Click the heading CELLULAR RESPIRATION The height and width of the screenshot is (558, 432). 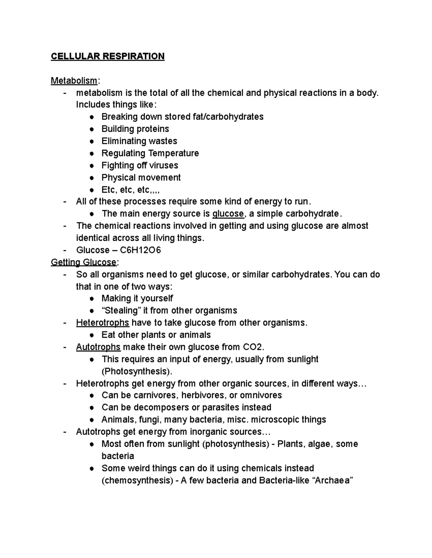click(107, 56)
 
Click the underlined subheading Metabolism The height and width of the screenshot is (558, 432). click(74, 80)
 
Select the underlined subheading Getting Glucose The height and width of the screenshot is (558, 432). click(84, 262)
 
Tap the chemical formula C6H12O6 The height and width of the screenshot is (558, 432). click(140, 250)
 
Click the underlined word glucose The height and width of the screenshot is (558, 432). click(228, 214)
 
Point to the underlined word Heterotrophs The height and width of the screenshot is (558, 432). click(102, 323)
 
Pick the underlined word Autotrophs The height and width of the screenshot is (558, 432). click(98, 347)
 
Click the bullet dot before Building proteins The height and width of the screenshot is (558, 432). click(93, 129)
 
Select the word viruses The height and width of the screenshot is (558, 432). click(164, 166)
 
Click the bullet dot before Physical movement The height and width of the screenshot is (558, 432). click(93, 178)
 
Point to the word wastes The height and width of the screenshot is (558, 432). click(163, 141)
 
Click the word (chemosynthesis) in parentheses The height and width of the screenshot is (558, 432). click(137, 480)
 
